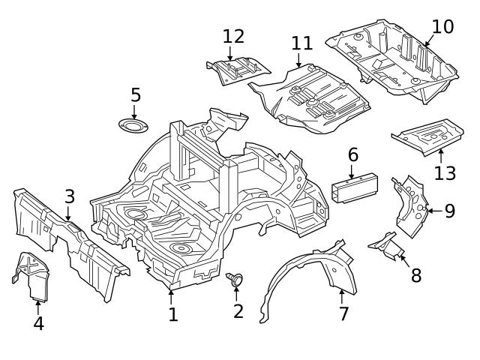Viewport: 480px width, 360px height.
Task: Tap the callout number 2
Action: tap(238, 310)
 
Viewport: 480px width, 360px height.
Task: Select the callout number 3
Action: tap(69, 197)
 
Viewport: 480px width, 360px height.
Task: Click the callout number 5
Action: tap(135, 95)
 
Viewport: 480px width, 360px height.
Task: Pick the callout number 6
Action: tap(352, 155)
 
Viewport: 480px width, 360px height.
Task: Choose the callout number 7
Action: tap(343, 313)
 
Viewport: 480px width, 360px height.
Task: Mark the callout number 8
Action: tap(416, 274)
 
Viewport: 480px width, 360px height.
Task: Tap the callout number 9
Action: tap(449, 211)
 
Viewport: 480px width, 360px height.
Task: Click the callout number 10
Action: tap(442, 26)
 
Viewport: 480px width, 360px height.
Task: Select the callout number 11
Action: tap(302, 43)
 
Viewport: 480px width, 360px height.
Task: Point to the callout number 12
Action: tap(233, 35)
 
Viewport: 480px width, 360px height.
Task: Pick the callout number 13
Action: tap(445, 173)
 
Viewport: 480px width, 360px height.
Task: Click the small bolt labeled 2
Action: tap(235, 280)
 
